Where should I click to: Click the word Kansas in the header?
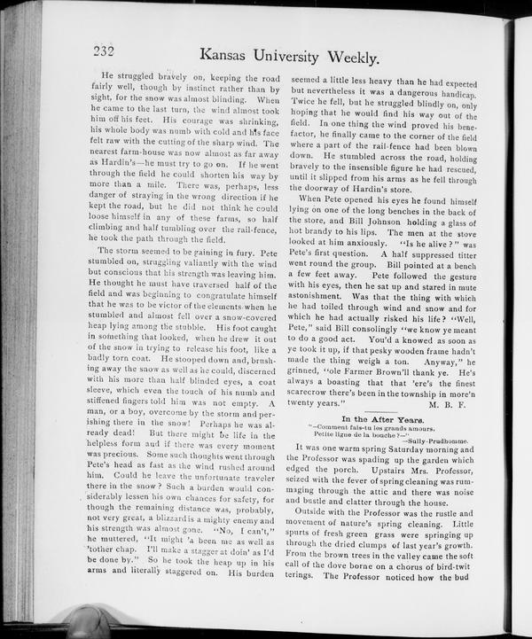pyautogui.click(x=231, y=58)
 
